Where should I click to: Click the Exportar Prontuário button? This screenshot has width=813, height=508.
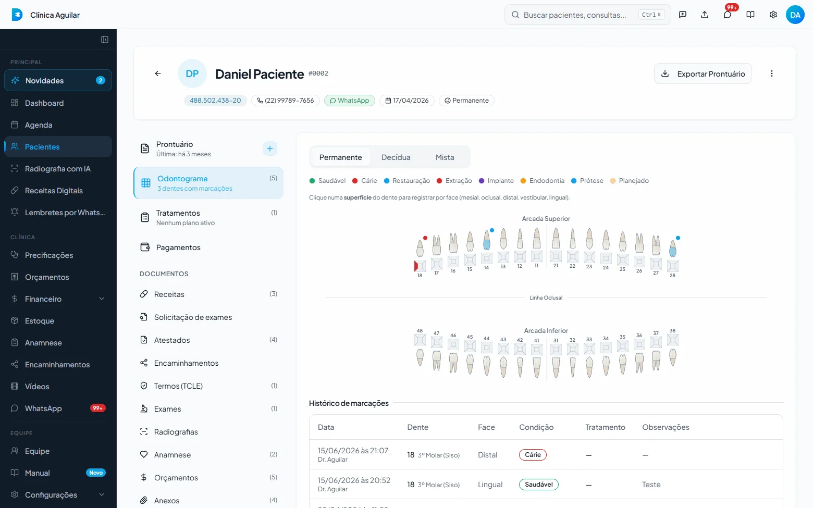(x=703, y=73)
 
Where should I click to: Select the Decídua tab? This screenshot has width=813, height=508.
(x=396, y=157)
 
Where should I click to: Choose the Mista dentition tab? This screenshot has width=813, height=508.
(x=445, y=157)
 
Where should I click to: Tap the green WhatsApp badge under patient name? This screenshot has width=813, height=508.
(x=350, y=101)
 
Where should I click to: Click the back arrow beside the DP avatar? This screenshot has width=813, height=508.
(x=157, y=73)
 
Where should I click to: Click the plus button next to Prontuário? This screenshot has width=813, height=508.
(x=269, y=148)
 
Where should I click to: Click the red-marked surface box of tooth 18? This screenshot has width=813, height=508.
(x=420, y=266)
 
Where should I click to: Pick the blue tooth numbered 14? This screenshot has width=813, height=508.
(x=486, y=240)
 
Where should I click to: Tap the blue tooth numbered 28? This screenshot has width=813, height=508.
(x=672, y=248)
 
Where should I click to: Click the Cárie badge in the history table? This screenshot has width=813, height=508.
(x=533, y=455)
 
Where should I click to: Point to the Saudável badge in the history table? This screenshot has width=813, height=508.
(x=539, y=485)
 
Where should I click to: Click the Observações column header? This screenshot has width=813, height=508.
(x=666, y=427)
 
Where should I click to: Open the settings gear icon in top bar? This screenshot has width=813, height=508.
(x=773, y=15)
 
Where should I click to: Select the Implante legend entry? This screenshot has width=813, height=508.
(x=496, y=181)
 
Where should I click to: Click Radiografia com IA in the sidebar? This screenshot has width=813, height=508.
(x=58, y=169)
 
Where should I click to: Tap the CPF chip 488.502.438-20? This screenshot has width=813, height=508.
(x=215, y=101)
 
